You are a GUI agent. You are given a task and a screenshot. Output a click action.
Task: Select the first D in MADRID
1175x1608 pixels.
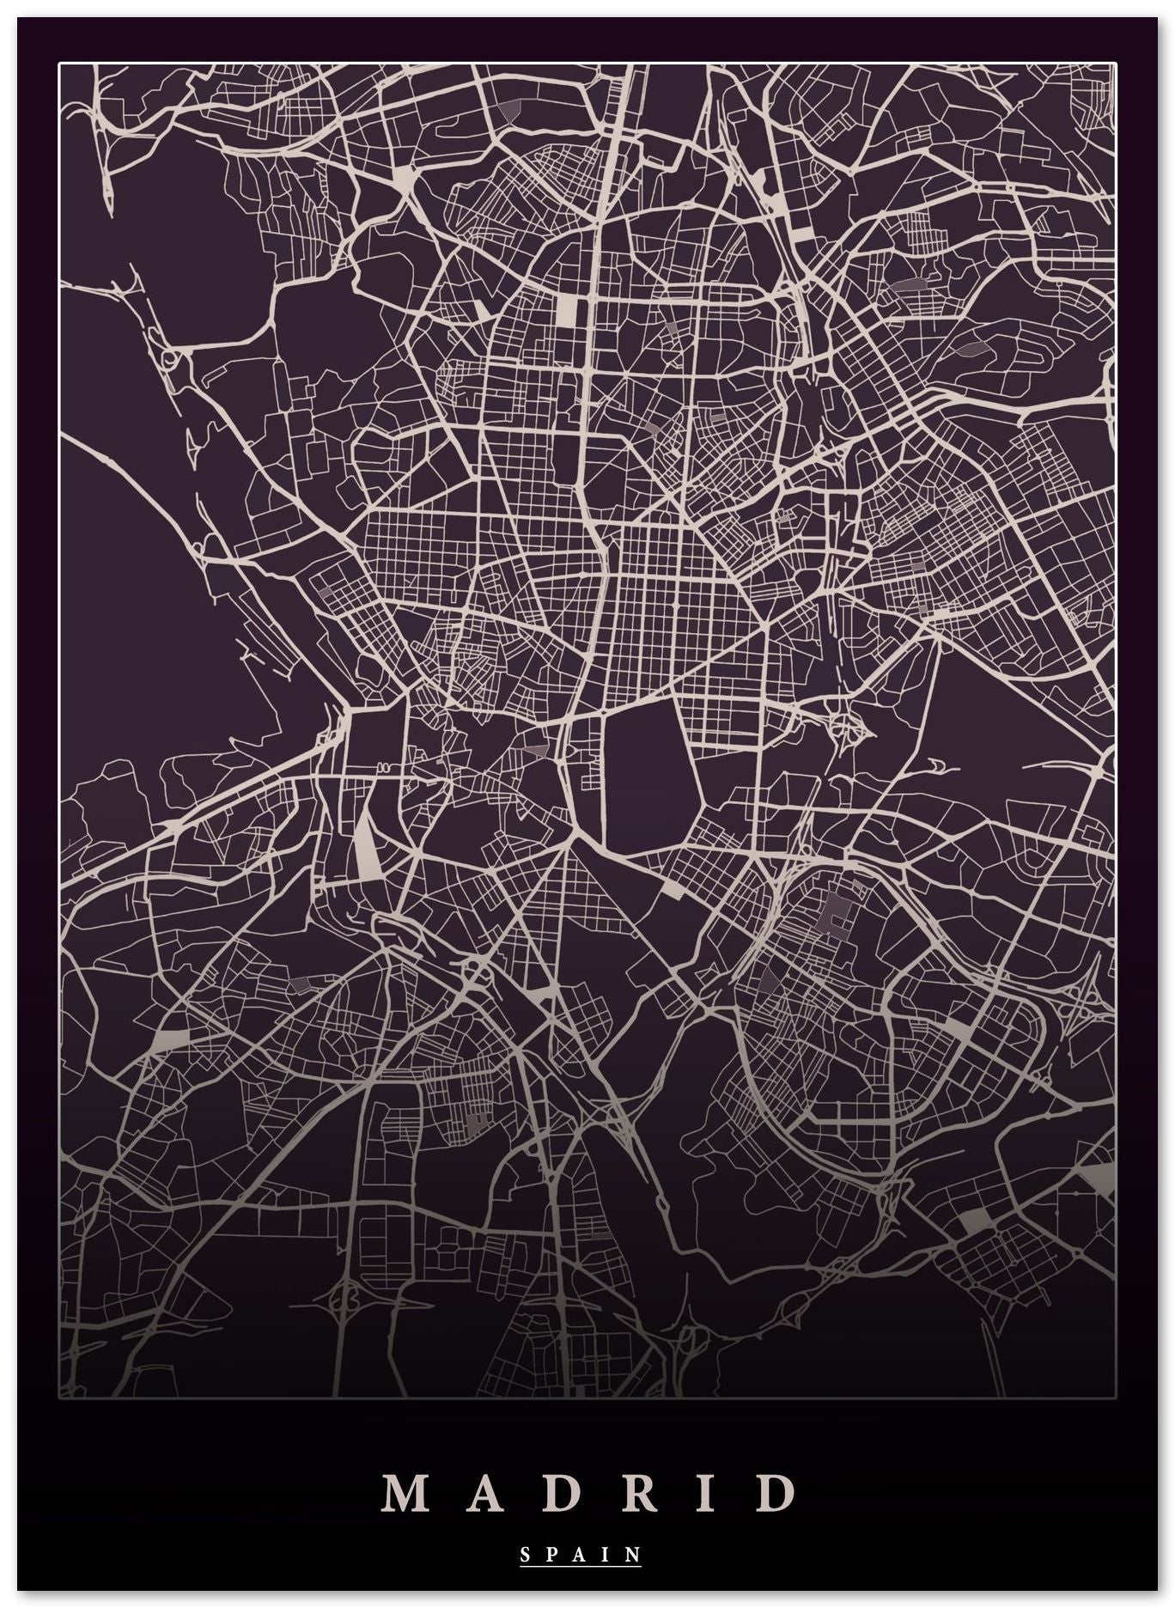563,1494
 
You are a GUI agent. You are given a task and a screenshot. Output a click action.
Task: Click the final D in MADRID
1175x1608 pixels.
778,1494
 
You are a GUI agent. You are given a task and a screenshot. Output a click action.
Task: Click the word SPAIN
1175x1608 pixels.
581,1554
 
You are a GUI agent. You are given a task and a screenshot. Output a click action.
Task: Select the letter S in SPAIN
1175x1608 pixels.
526,1554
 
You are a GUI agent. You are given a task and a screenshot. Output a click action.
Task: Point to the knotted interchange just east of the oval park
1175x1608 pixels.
846,726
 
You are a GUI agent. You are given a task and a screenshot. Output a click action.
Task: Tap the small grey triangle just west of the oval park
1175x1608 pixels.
534,749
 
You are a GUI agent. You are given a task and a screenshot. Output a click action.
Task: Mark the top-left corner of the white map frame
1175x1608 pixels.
59,63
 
